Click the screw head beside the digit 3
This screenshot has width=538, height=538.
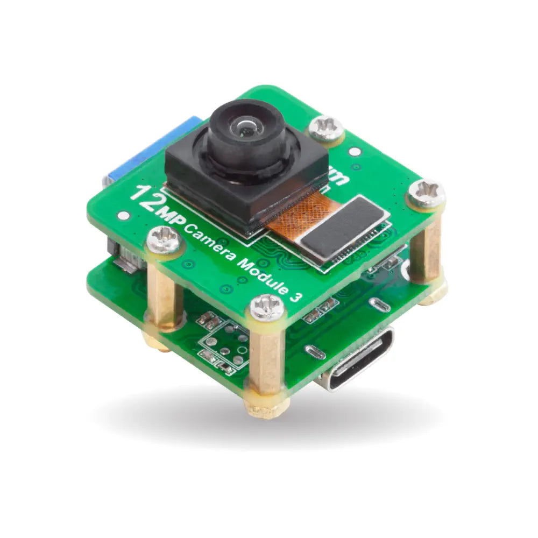coord(267,308)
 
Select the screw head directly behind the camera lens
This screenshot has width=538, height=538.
coord(326,128)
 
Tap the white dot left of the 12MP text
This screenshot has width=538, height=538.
coord(124,216)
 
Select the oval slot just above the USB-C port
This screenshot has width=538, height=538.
coord(380,305)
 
